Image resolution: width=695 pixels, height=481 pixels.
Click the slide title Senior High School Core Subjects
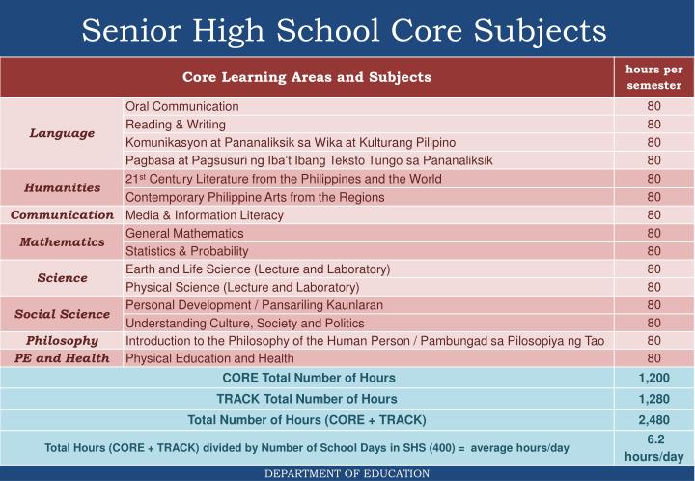(344, 29)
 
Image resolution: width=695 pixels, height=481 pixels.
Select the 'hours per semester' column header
(653, 77)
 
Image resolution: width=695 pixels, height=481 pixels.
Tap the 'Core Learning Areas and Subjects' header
(307, 77)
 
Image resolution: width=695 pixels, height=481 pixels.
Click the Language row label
(62, 133)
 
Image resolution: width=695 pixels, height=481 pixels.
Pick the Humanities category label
(62, 187)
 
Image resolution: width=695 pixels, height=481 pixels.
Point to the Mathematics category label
(62, 241)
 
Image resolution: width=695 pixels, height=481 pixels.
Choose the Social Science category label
(62, 314)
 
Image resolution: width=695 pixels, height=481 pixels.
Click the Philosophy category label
(62, 340)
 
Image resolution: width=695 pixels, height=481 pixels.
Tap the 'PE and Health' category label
(62, 358)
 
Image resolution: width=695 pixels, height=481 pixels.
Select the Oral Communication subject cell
(182, 106)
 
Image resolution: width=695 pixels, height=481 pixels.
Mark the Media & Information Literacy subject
(205, 214)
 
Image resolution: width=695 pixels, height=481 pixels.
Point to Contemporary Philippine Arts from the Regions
(255, 197)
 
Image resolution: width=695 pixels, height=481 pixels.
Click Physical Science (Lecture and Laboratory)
(242, 287)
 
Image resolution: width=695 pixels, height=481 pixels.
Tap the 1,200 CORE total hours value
(653, 378)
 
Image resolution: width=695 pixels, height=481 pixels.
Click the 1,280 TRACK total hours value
(653, 399)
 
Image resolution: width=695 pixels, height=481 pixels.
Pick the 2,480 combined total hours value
(653, 420)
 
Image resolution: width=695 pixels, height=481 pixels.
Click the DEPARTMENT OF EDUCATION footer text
(347, 473)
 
